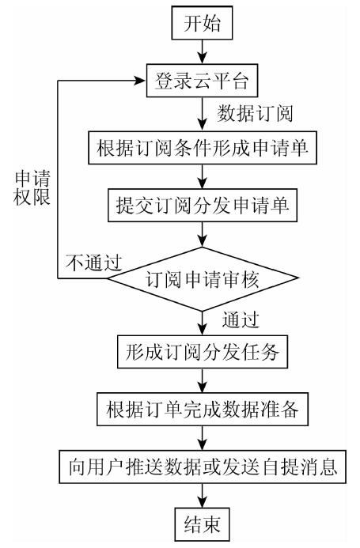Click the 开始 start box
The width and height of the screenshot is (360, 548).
202,23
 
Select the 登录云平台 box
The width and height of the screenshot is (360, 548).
202,81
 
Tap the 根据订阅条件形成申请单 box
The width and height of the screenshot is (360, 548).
203,148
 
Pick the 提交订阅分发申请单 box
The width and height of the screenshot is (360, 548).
203,206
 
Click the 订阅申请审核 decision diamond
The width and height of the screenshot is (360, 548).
203,279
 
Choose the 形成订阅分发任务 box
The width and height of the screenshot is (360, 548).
203,352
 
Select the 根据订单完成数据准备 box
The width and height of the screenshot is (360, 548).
203,410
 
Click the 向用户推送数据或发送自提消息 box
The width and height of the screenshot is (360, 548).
203,467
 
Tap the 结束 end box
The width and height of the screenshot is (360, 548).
202,524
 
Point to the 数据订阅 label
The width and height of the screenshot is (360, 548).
255,114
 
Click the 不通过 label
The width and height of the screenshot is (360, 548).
94,263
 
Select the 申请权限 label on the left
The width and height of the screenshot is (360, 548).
32,187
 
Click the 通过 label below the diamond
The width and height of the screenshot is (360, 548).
241,319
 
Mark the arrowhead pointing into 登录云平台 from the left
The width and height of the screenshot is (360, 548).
141,81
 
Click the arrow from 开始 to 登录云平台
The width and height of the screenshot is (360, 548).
203,51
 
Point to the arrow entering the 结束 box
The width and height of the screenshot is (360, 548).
203,496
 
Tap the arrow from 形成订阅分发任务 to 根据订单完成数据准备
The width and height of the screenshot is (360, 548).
203,380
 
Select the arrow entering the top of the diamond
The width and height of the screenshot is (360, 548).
203,234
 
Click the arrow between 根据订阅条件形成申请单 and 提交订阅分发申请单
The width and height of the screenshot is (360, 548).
203,176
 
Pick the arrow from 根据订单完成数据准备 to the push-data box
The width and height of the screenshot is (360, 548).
203,438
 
